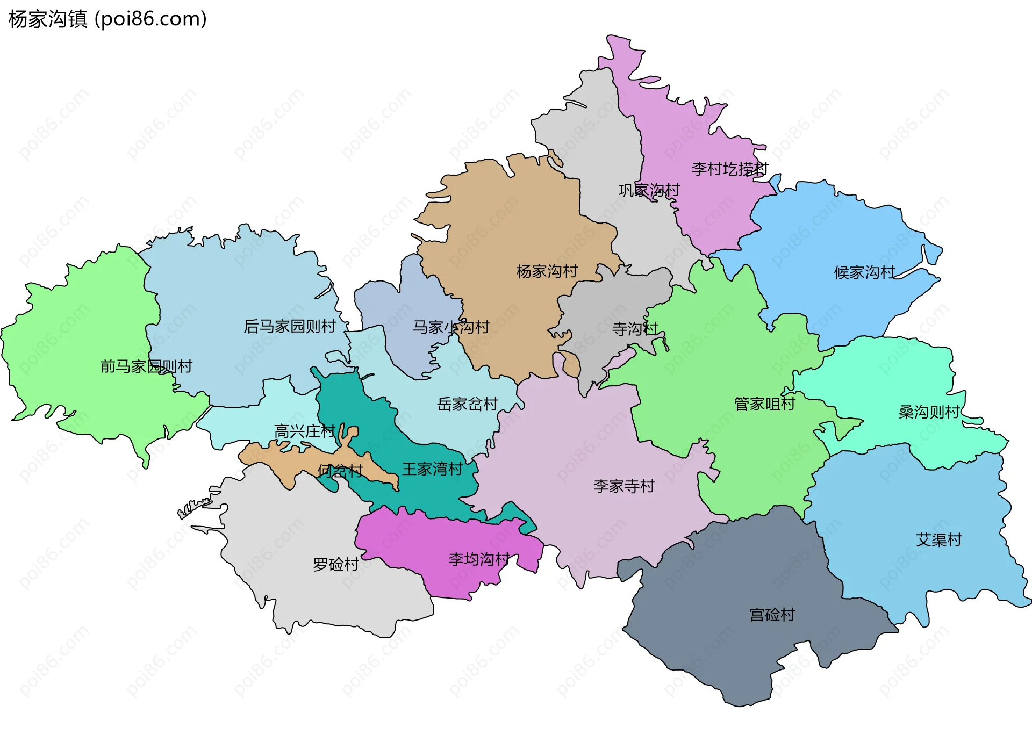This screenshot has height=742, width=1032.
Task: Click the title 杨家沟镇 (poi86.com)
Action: [x=107, y=19]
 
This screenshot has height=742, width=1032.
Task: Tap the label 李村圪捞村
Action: [x=730, y=169]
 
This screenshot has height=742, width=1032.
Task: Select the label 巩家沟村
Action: [x=649, y=190]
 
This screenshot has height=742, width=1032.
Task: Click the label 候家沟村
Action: [x=864, y=272]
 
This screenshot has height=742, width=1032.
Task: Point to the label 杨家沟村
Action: [x=547, y=271]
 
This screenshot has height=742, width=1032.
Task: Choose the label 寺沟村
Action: [x=635, y=328]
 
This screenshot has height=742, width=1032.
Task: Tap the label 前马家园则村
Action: [x=146, y=366]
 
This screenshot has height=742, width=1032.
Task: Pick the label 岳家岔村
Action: [x=467, y=404]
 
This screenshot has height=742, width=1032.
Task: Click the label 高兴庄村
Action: [x=305, y=431]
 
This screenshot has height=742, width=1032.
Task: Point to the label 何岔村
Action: [x=340, y=471]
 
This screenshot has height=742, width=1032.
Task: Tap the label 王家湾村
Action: [x=432, y=469]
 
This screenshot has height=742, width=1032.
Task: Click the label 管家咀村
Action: [x=764, y=404]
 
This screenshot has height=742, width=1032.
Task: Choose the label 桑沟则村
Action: [x=929, y=412]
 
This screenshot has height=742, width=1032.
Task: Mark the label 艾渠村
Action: [x=938, y=539]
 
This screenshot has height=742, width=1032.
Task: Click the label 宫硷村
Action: [x=772, y=615]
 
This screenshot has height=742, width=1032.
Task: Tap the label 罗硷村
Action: [x=335, y=564]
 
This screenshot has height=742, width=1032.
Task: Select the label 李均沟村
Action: [x=478, y=559]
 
